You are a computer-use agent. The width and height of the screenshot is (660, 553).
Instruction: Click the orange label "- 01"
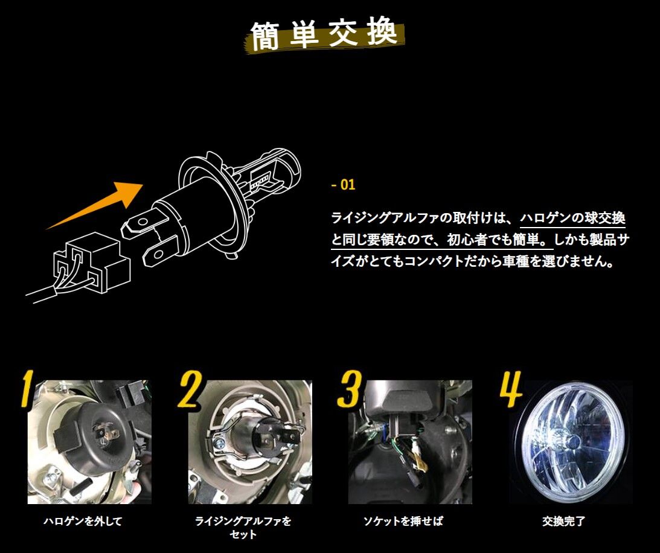coord(344,185)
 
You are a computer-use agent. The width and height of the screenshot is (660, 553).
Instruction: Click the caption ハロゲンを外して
coord(83,521)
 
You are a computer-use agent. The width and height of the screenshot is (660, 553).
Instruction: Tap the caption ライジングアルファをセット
coord(243,527)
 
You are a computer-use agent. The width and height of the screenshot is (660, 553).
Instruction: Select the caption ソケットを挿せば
coord(403,521)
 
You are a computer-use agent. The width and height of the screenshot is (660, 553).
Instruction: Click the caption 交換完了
coord(563,521)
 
